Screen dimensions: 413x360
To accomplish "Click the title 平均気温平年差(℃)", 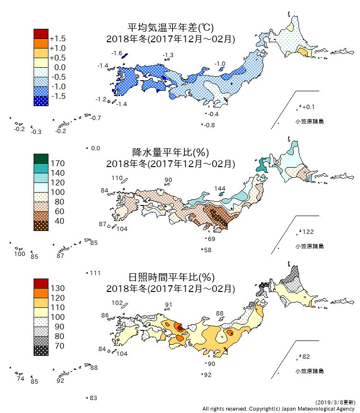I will coord(170,28).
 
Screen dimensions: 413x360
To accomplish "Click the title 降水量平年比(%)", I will coord(170,153).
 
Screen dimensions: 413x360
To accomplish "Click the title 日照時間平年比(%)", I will coord(170,278).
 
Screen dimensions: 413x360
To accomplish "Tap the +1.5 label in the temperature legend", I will coord(58,38).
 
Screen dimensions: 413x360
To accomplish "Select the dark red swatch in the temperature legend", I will coord(41,34).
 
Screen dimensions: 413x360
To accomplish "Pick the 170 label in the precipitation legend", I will coord(58,163).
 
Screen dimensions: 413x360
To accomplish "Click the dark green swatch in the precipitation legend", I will coord(41,158).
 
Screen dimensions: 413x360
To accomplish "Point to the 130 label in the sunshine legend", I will coord(58,288).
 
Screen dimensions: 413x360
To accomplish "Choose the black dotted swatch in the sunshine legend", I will coord(41,351).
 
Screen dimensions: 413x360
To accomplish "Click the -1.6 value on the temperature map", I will coord(117,53).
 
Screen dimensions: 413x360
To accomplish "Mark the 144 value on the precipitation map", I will coord(220,188).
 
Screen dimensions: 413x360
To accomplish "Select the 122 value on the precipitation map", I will coord(308,232).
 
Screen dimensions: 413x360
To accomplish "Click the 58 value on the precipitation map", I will coord(208,250).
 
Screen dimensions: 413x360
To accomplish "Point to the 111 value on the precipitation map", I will coord(95,273).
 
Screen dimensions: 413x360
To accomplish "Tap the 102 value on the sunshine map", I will coord(117,303).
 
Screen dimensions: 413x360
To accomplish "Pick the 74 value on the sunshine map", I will coord(20,379).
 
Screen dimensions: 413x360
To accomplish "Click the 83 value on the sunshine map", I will coord(94,398).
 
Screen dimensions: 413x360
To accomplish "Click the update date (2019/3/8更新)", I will coord(336,402).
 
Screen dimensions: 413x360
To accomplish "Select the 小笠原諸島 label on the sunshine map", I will coord(309,371).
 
